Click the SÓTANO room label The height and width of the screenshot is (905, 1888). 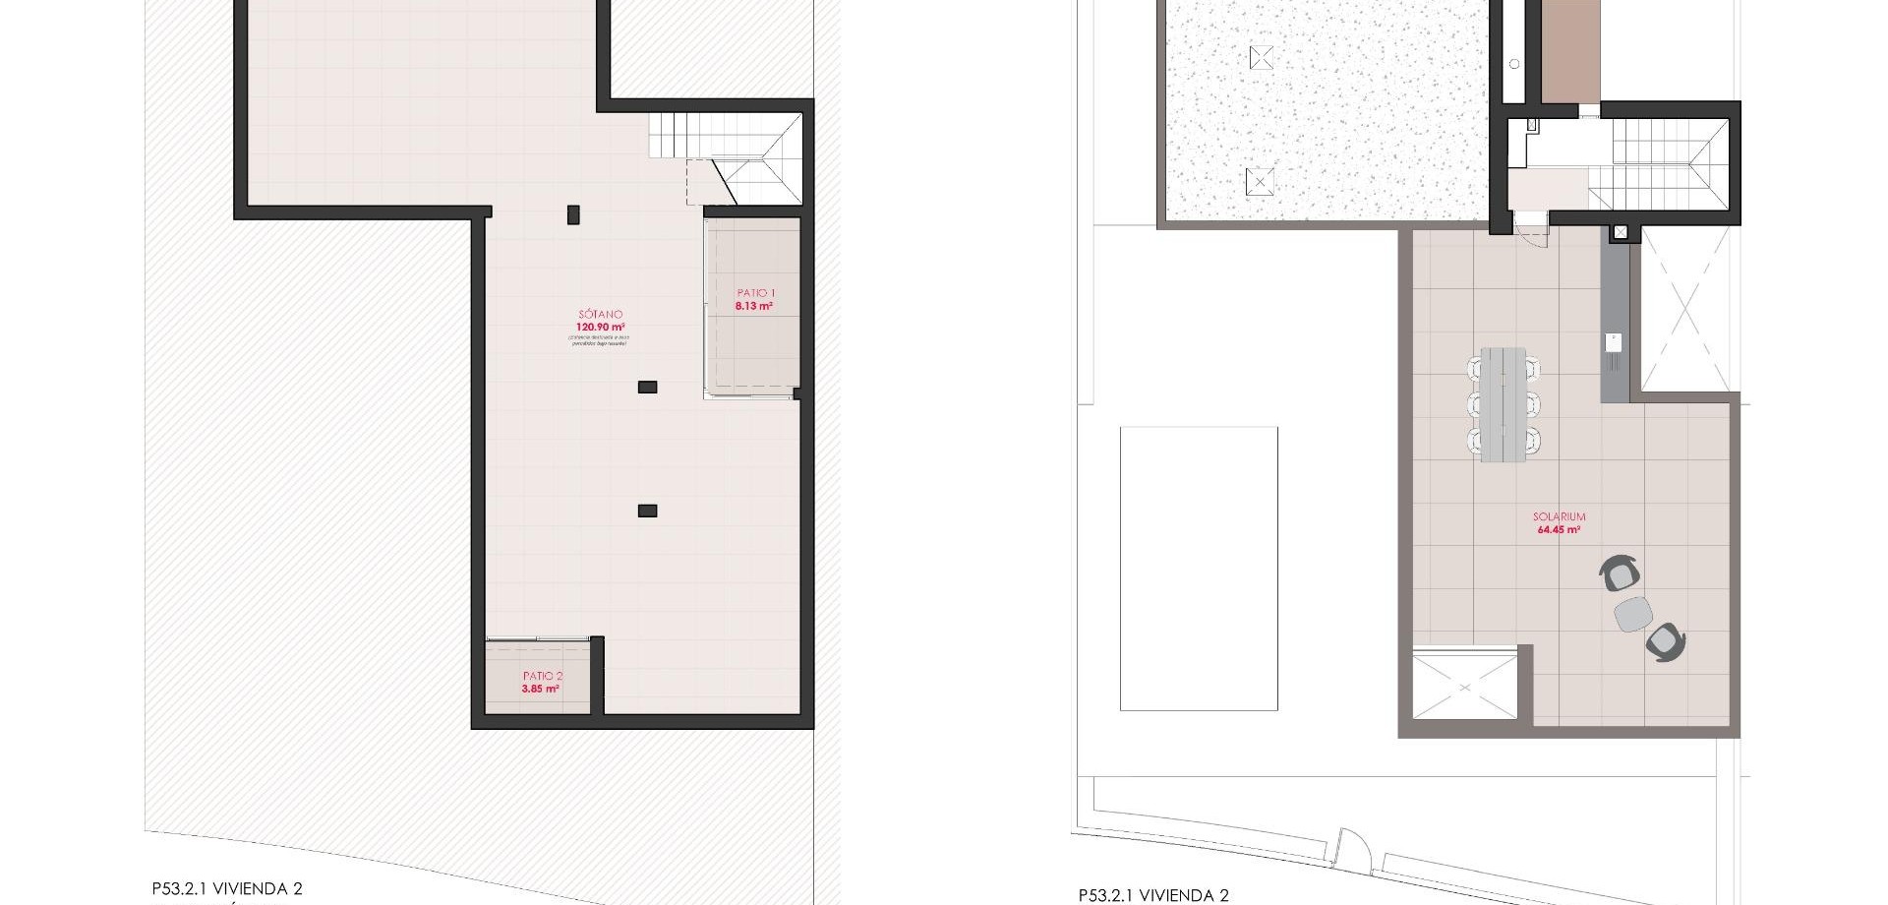pyautogui.click(x=600, y=315)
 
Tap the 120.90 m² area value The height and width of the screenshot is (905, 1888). pyautogui.click(x=600, y=328)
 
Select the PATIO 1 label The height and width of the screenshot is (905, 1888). pyautogui.click(x=756, y=293)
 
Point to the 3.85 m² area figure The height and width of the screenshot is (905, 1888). pyautogui.click(x=541, y=690)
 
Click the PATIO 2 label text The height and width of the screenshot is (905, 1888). pyautogui.click(x=543, y=677)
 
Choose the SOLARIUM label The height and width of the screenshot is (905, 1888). pyautogui.click(x=1559, y=516)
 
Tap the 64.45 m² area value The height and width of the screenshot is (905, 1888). pyautogui.click(x=1559, y=529)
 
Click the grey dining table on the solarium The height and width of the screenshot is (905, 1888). pyautogui.click(x=1504, y=403)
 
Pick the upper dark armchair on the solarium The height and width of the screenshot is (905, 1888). pyautogui.click(x=1621, y=573)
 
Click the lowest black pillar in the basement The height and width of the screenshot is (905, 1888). pyautogui.click(x=647, y=511)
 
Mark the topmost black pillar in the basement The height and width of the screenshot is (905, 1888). pyautogui.click(x=573, y=213)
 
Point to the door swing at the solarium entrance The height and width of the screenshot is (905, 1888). pyautogui.click(x=1532, y=233)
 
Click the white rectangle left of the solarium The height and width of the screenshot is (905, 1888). pyautogui.click(x=1199, y=568)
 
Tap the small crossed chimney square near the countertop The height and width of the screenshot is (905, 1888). pyautogui.click(x=1621, y=233)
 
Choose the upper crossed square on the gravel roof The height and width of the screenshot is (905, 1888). pyautogui.click(x=1261, y=58)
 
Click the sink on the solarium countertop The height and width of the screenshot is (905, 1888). pyautogui.click(x=1613, y=342)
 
